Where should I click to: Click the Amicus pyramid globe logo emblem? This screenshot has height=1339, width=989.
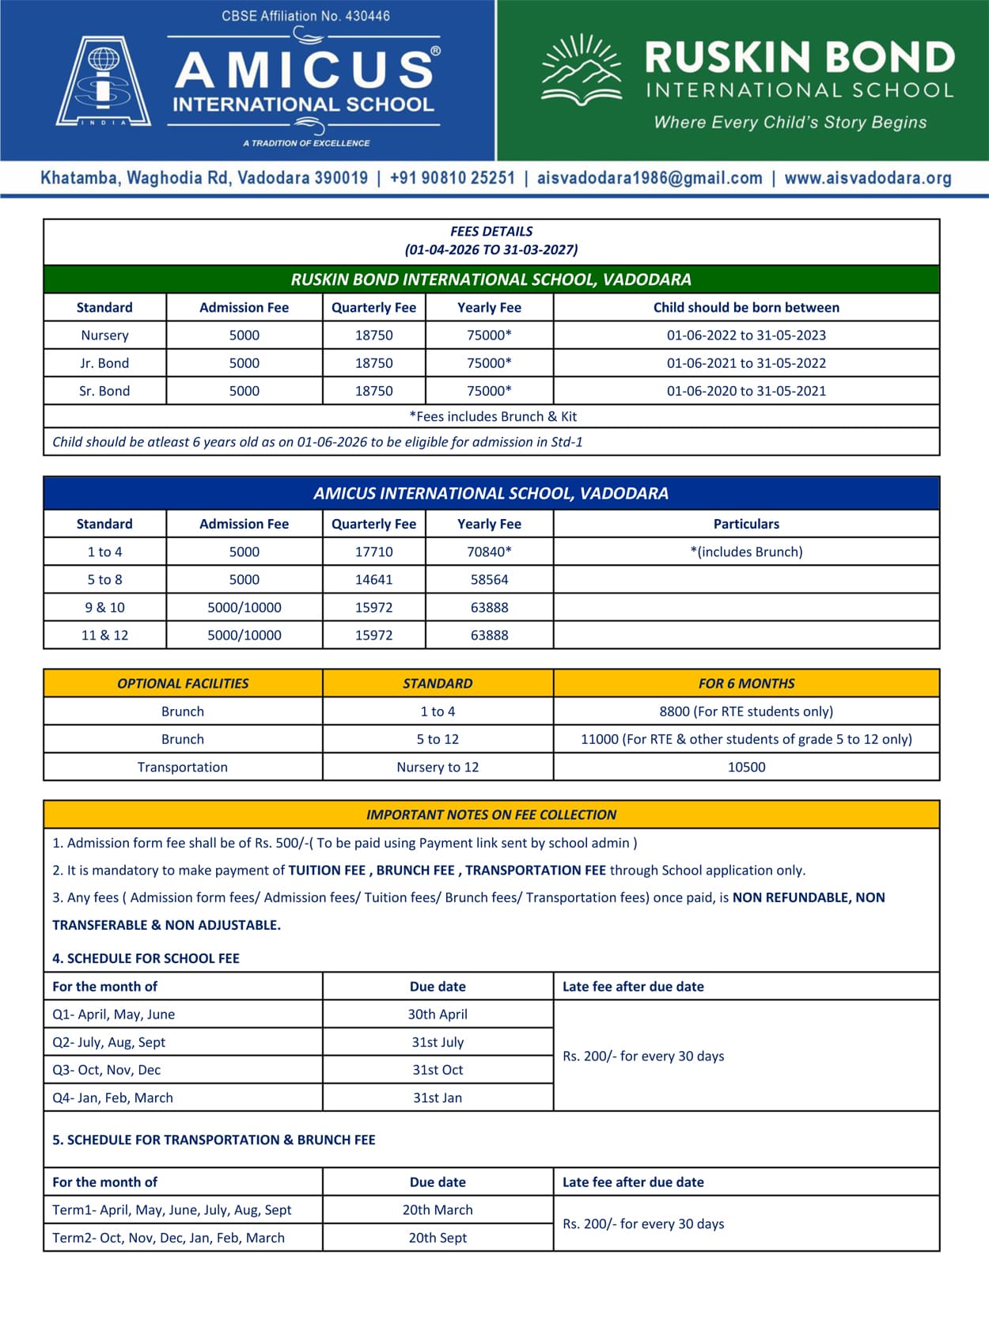click(x=103, y=81)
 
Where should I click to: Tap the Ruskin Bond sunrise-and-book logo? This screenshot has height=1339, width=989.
click(x=582, y=70)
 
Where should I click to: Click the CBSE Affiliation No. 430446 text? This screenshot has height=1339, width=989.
click(x=305, y=16)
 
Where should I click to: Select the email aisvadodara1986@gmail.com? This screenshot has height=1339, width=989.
click(x=650, y=178)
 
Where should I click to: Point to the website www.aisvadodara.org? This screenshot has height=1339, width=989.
click(x=867, y=178)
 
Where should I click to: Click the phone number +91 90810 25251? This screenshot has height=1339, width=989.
click(x=452, y=178)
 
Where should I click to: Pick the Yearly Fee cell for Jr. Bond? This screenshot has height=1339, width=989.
click(x=489, y=363)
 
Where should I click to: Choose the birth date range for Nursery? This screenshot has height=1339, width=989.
click(x=746, y=336)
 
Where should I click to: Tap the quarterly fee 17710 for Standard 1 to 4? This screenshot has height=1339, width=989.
click(x=373, y=552)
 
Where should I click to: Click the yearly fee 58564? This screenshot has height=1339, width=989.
click(x=489, y=579)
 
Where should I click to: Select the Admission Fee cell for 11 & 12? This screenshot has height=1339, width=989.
click(x=244, y=635)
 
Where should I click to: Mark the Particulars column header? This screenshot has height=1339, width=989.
click(x=746, y=524)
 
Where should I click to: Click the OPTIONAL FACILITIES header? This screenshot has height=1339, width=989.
click(x=183, y=684)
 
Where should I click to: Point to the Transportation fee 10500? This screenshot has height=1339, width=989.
click(x=746, y=767)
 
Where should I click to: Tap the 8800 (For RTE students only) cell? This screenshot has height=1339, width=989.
click(x=746, y=711)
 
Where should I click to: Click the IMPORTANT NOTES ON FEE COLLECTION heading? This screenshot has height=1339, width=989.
click(x=491, y=815)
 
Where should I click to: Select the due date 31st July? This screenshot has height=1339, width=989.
click(x=438, y=1042)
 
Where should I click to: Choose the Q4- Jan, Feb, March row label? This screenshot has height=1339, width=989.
click(x=112, y=1098)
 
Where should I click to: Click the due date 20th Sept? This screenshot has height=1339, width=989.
click(x=438, y=1238)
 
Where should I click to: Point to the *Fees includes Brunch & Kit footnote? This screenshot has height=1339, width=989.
click(x=492, y=416)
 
